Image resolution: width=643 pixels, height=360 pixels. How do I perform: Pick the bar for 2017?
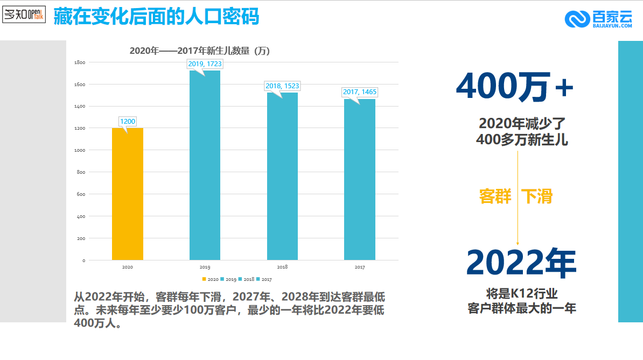click(x=360, y=180)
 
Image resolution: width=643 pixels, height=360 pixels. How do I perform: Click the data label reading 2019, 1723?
click(x=205, y=64)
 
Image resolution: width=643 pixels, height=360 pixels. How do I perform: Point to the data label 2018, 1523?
click(x=282, y=86)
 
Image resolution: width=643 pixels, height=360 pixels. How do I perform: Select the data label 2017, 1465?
click(x=360, y=92)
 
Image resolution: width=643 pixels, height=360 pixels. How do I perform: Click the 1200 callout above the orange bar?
click(x=128, y=122)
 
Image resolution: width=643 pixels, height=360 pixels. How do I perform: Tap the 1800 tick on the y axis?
click(x=80, y=62)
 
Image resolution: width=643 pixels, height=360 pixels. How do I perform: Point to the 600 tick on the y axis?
click(x=80, y=194)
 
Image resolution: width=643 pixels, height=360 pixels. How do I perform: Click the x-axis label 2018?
click(x=282, y=267)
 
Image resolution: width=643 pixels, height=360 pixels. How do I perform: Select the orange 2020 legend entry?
click(x=210, y=279)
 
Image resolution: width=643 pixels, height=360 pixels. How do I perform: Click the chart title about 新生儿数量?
click(x=200, y=51)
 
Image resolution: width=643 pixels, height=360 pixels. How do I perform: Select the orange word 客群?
click(x=495, y=196)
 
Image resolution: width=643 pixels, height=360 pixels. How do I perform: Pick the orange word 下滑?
click(x=537, y=196)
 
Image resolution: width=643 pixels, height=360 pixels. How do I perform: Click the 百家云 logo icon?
click(x=577, y=19)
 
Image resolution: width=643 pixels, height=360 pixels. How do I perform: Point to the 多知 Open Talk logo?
click(x=24, y=15)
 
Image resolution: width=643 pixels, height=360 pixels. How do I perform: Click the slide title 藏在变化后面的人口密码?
click(x=157, y=17)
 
